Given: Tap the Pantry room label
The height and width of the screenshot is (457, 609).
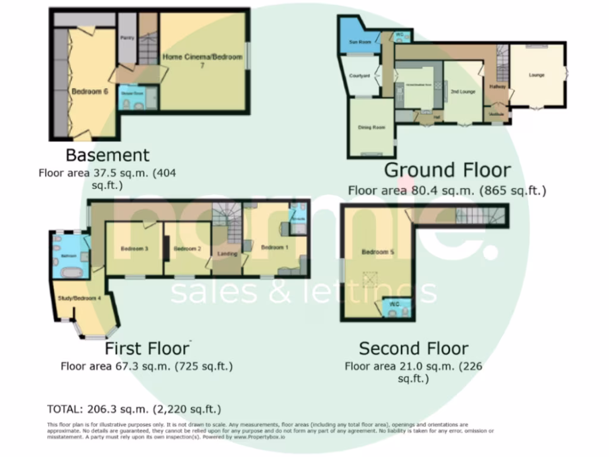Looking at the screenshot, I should tap(127, 37).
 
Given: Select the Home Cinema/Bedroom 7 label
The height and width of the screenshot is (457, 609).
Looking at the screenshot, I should tap(203, 60).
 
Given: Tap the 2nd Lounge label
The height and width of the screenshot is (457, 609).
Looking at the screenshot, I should tap(462, 92).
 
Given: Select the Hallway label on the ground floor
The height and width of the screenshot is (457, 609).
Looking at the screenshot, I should tap(497, 86).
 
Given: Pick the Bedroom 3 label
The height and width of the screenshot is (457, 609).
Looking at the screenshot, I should tap(134, 249).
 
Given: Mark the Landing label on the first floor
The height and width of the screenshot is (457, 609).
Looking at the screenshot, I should tap(227, 254).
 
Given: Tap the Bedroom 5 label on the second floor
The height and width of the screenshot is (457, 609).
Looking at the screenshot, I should tap(378, 252).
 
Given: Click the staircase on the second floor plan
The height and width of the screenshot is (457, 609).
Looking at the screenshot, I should tap(479, 215).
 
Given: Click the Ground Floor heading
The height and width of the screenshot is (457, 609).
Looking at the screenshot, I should tap(447, 170).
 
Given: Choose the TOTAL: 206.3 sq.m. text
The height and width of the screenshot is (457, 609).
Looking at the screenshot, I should tap(134, 409).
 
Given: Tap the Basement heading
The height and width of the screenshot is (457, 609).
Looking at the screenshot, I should tap(107, 155).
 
